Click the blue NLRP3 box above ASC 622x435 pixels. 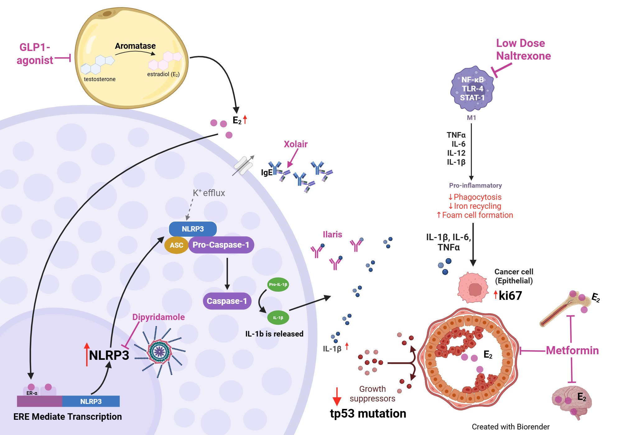(193, 229)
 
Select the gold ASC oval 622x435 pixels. (176, 245)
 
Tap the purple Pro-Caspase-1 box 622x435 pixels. (221, 245)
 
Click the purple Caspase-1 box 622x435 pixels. (227, 301)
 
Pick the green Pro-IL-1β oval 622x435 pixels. (278, 284)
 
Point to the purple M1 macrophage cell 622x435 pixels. (472, 89)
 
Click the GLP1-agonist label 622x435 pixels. (35, 54)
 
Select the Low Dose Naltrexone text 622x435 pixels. (523, 49)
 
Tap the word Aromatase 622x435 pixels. (135, 46)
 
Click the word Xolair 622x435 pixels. (295, 144)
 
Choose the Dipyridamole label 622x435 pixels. (158, 317)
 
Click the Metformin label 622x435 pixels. (572, 350)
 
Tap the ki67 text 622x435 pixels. (510, 295)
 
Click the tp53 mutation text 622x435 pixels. (368, 414)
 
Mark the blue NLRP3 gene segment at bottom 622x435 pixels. (91, 401)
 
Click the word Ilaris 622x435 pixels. (332, 234)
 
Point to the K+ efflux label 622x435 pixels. (209, 193)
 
